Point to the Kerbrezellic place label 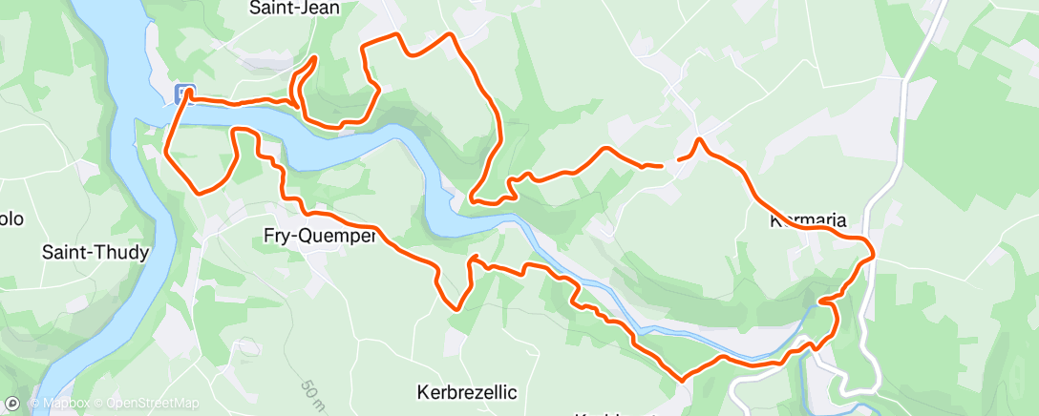tap(467, 392)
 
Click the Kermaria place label tap(808, 221)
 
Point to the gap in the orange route tap(669, 163)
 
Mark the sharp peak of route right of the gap tap(700, 140)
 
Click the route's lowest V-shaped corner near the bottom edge tap(682, 379)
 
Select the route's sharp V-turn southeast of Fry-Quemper tap(456, 308)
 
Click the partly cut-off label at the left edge tap(10, 218)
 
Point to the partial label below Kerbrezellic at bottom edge tap(611, 413)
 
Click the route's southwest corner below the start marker tap(201, 192)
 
